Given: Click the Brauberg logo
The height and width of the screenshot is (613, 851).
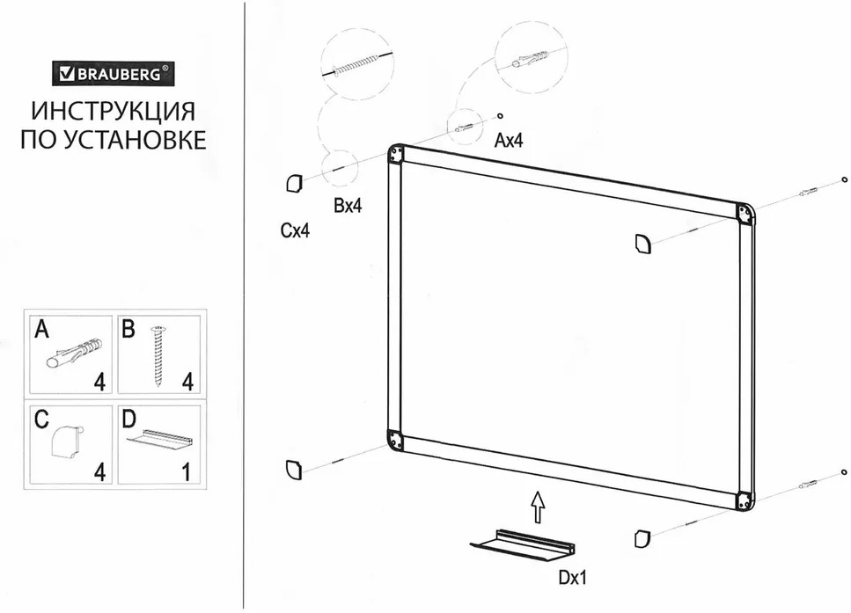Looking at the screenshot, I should tap(113, 74).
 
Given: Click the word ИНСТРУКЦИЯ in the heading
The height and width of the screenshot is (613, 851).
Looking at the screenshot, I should tap(113, 113).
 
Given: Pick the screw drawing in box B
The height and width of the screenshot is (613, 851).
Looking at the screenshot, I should tap(159, 356).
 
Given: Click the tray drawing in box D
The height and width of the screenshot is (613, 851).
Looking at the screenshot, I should tap(160, 437).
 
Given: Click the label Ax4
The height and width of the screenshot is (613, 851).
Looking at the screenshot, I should tap(509, 140).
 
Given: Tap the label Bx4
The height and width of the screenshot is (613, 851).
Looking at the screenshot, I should tap(348, 206).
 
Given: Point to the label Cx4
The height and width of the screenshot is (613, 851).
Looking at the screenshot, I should tap(295, 231).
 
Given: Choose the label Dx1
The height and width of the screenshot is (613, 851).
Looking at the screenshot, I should tap(571, 578).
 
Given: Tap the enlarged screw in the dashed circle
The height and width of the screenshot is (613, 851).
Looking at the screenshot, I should tap(356, 66).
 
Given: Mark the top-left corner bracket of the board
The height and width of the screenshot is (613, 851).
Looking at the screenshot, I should tap(396, 155).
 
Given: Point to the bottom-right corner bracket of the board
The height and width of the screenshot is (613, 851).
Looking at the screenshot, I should tap(745, 499).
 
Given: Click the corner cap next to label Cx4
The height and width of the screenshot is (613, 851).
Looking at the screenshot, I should tap(293, 183).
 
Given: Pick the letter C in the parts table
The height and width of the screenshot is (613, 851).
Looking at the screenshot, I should tap(40, 420).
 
